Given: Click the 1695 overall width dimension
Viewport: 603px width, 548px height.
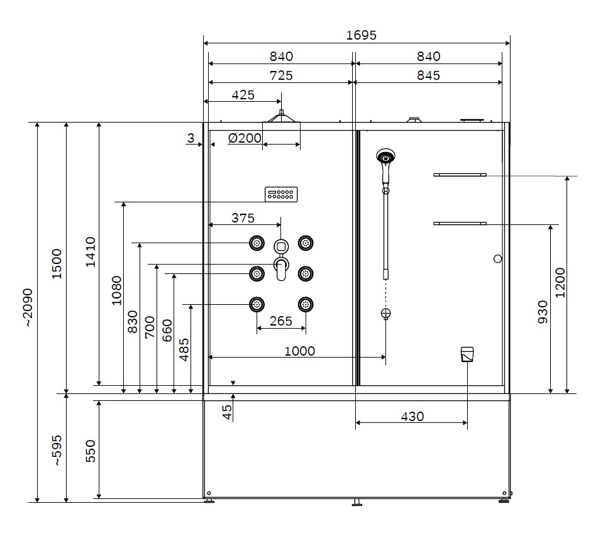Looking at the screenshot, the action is coord(361,35).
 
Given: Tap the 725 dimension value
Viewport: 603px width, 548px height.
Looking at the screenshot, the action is coord(281,75).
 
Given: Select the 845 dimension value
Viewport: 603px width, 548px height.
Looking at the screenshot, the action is coord(428,75).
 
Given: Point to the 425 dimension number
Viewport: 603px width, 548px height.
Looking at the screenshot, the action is coord(243,95).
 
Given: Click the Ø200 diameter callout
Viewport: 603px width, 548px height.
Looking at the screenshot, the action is coord(245,138).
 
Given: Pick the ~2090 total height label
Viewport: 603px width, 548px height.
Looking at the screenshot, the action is coord(28,307).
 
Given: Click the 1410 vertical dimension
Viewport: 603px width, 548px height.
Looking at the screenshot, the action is coord(91,252).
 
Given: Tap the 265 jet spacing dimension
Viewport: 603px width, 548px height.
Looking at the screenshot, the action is coord(280,321).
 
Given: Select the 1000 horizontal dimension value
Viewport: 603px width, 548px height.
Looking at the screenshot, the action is coord(299,351).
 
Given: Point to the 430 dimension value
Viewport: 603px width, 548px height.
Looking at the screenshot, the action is coord(412,417).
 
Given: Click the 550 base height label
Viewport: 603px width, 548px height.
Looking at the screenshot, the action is coord(91,451).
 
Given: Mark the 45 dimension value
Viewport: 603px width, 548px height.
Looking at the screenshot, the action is coord(227,412).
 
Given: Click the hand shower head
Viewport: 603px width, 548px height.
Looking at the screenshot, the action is coord(385,156).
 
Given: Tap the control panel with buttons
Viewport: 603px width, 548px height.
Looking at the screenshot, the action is coord(281,194).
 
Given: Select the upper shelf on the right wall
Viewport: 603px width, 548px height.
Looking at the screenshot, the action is coord(460,175).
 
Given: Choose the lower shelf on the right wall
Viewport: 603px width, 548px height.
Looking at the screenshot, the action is coord(460,223).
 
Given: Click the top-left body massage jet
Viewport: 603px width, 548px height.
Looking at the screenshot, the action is coord(257,243).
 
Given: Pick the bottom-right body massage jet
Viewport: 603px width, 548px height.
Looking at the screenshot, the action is coord(306,304).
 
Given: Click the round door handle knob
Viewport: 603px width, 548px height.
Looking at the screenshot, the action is coord(497,259).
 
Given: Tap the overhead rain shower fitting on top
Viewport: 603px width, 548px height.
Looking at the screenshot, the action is coord(281,116).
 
